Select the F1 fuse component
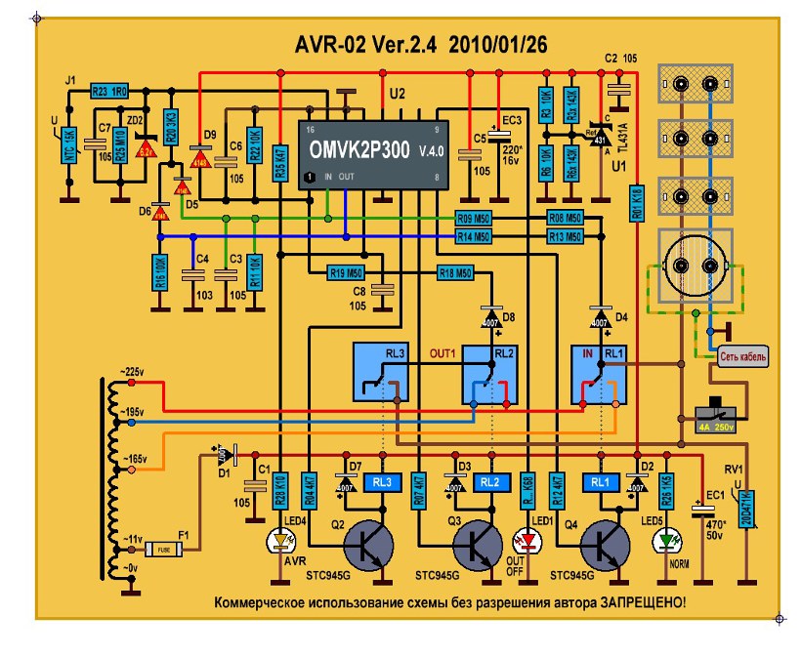coord(163,550)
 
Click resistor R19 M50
coord(345,272)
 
